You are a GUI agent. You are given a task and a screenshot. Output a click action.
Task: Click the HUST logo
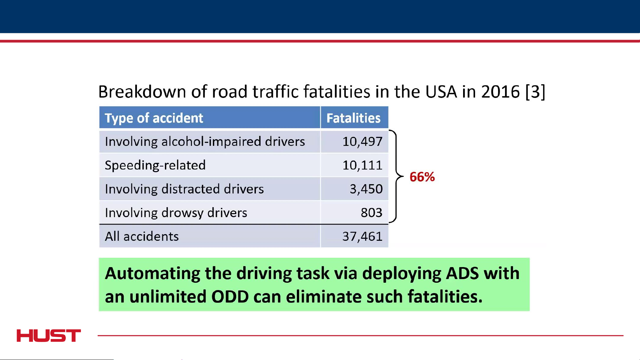(x=49, y=335)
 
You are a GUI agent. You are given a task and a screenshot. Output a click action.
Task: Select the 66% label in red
(x=422, y=177)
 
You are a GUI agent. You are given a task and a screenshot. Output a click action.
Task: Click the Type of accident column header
(x=154, y=118)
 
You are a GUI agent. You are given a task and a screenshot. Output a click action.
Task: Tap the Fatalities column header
(x=353, y=118)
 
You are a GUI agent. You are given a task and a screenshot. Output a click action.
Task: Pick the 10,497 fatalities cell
(x=362, y=142)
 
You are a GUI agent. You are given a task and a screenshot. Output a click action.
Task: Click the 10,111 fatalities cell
(x=362, y=165)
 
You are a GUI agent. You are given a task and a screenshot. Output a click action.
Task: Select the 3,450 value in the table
(x=366, y=189)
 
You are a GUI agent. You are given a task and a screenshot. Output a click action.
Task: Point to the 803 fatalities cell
(x=371, y=212)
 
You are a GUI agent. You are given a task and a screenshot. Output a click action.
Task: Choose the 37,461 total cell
(x=362, y=236)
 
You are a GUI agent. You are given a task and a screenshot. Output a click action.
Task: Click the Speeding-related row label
(x=155, y=165)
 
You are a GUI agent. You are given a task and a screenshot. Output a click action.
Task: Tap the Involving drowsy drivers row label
(x=176, y=212)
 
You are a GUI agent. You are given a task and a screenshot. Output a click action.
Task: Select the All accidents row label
(x=142, y=236)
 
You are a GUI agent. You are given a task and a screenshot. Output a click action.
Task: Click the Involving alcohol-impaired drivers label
(x=205, y=142)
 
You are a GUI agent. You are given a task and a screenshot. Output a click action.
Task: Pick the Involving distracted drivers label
(x=184, y=189)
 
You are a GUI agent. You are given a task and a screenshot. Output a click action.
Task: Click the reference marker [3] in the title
(x=535, y=92)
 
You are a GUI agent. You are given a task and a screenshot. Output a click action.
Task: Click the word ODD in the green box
(x=230, y=296)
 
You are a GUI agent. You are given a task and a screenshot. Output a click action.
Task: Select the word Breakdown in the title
(x=142, y=92)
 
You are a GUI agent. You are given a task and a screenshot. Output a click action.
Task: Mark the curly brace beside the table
(x=396, y=176)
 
